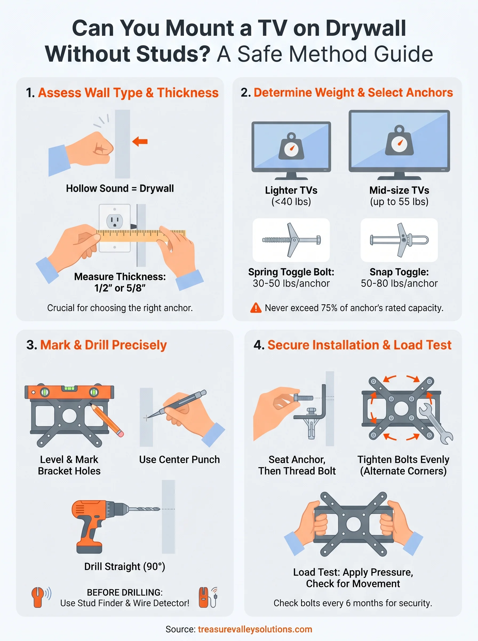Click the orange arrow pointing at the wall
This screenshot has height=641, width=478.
pyautogui.click(x=140, y=142)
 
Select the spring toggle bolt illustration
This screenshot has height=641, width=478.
pyautogui.click(x=291, y=240)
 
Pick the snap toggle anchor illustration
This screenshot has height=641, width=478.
pyautogui.click(x=399, y=240)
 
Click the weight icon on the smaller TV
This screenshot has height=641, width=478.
pyautogui.click(x=291, y=147)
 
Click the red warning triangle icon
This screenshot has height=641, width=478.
pyautogui.click(x=256, y=308)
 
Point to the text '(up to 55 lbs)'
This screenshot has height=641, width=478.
pyautogui.click(x=399, y=202)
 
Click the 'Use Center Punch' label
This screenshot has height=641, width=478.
pyautogui.click(x=180, y=460)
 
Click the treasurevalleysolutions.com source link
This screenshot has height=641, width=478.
pyautogui.click(x=255, y=629)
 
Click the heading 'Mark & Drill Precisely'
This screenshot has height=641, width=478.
pyautogui.click(x=103, y=345)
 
